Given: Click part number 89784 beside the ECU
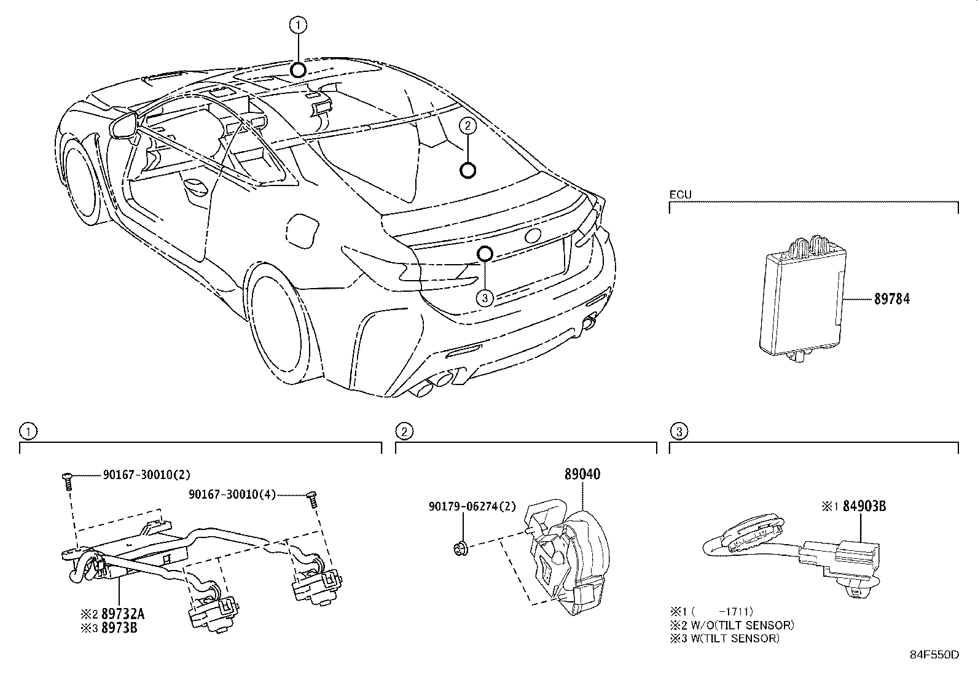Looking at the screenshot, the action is click(892, 299).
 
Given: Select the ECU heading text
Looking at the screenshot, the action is click(680, 195).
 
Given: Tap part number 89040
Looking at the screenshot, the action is click(582, 474).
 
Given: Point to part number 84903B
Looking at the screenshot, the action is click(864, 506).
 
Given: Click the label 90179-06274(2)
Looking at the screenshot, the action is click(472, 507).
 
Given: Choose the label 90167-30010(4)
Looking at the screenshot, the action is click(232, 494).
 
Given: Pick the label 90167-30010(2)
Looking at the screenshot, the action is click(147, 475).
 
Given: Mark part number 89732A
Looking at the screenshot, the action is click(123, 614).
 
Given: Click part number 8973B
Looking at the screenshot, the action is click(119, 628).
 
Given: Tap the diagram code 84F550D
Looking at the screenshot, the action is click(934, 655).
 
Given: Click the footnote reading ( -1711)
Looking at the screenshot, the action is click(722, 612).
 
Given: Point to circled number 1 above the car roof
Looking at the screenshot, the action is click(298, 25).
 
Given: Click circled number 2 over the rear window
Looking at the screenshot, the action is click(467, 126).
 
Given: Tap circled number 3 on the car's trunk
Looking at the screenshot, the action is click(485, 298).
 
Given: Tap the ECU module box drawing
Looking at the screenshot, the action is click(802, 300).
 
